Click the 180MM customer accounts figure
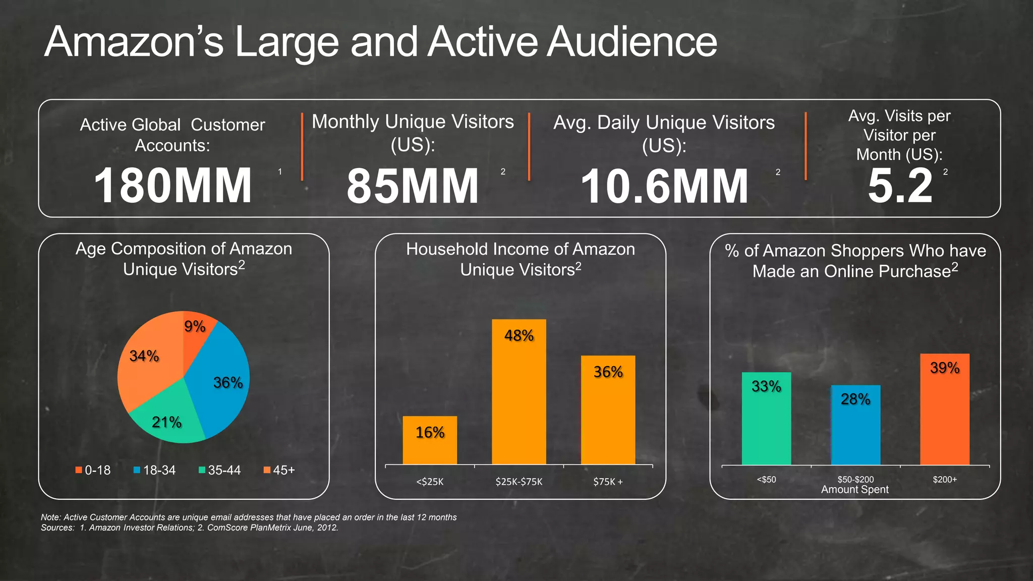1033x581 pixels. pos(173,186)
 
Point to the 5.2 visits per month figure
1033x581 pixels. pos(900,186)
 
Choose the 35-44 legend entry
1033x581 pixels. pos(220,470)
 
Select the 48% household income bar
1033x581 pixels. pos(519,393)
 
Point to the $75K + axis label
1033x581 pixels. pos(608,482)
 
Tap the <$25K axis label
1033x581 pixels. pos(430,482)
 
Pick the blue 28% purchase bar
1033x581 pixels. pos(855,426)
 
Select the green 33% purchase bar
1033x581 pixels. pos(766,419)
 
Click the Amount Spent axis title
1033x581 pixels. pos(855,490)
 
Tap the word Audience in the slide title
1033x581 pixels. pos(632,42)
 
